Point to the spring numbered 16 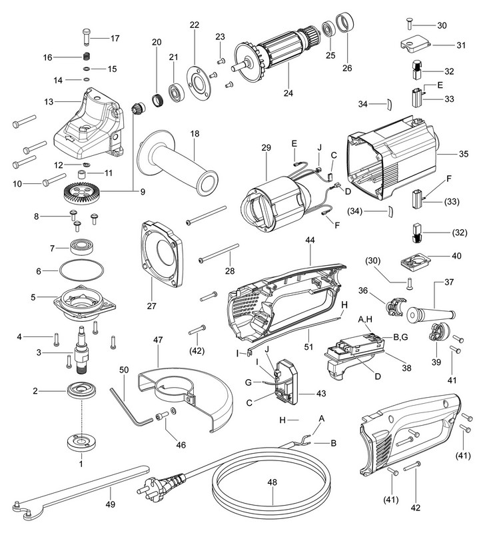(86, 57)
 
